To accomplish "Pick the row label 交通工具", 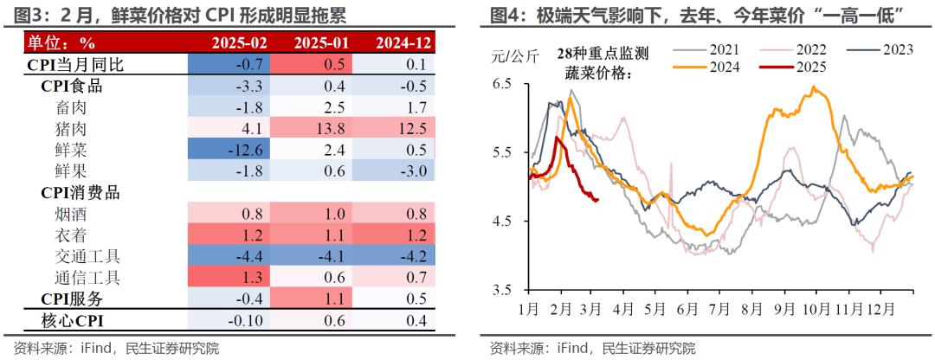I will (88, 256).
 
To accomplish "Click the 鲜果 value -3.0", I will (396, 170).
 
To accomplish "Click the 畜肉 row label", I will (71, 107).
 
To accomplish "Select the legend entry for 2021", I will (717, 50).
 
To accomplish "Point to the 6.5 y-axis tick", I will (502, 84).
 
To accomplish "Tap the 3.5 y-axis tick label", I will (502, 290).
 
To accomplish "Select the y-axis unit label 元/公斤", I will (515, 57).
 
